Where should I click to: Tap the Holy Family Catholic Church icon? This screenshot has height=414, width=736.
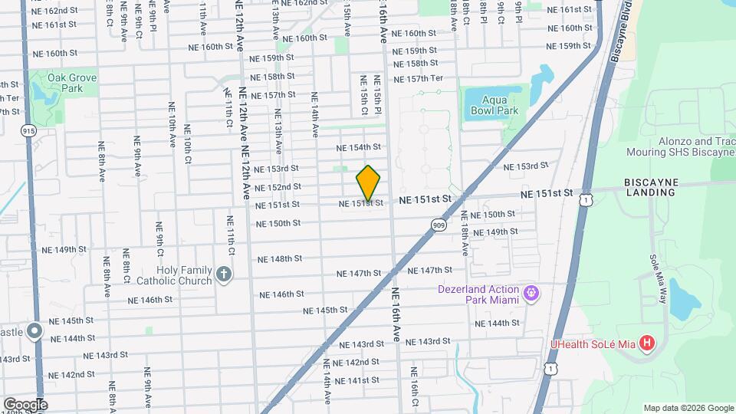coord(223,274)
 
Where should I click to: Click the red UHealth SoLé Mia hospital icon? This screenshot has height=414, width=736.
coord(648,342)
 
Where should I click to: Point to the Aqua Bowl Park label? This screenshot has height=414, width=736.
coord(491,105)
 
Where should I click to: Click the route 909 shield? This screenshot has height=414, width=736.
coord(439,225)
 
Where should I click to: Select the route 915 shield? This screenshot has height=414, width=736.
coord(29,131)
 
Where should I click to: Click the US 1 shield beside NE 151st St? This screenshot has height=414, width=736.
coord(586,199)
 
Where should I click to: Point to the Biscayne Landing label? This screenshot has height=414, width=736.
coord(649,186)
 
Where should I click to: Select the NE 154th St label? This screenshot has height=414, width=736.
coord(360,147)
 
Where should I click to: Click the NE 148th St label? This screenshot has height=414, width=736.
coord(281,259)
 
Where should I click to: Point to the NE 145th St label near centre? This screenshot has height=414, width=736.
coord(326,310)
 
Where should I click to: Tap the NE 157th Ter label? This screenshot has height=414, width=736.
coord(418,79)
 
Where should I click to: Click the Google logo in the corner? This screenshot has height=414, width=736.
coord(25,404)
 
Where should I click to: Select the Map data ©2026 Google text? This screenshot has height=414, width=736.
coord(688,408)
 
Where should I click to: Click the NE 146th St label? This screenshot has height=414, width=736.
coord(282,294)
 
